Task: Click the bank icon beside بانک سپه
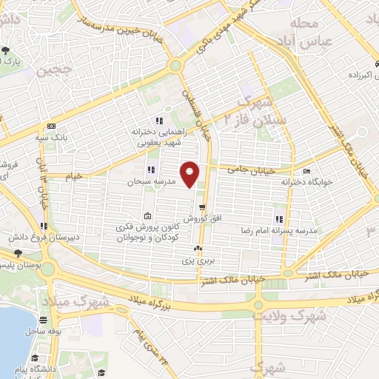(x=51, y=126)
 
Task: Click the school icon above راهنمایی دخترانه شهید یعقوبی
(x=158, y=121)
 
